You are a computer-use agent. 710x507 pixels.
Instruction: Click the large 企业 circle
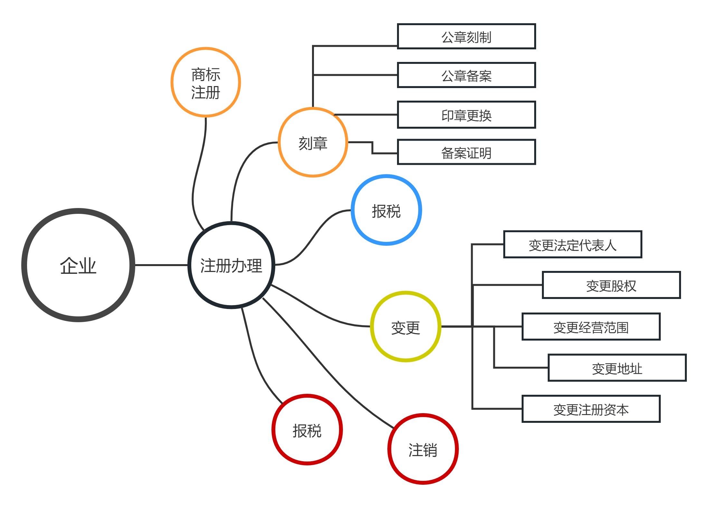(78, 265)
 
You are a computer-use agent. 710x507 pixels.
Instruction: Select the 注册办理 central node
(231, 265)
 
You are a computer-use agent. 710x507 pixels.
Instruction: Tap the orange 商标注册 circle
(206, 83)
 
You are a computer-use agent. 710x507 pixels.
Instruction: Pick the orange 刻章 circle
(313, 143)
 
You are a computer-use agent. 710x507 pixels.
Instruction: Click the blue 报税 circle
(386, 210)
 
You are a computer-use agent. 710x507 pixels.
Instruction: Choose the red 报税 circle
(307, 430)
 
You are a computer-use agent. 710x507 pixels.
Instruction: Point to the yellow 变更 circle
(405, 327)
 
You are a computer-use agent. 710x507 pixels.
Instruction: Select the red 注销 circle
(423, 449)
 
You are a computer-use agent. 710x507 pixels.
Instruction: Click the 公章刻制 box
(466, 36)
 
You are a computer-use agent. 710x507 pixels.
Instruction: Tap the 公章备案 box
(466, 75)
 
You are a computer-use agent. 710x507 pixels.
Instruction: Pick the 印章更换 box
(466, 115)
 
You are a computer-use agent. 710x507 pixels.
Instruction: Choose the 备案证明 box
(466, 152)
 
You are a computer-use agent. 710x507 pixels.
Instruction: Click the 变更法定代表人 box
(573, 244)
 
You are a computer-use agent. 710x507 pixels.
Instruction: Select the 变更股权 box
(611, 285)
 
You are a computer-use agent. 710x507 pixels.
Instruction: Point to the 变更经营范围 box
(591, 327)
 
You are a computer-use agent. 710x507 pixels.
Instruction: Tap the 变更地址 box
(617, 368)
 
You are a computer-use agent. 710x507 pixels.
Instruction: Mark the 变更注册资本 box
(591, 409)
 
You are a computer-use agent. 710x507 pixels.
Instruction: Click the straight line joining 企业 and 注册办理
(161, 265)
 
